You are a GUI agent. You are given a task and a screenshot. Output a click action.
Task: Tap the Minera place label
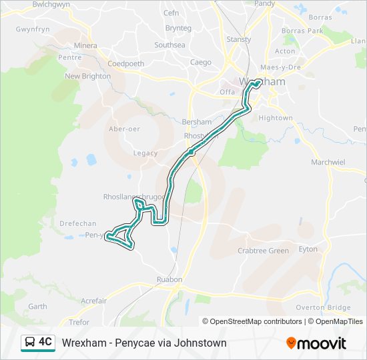tap(85, 46)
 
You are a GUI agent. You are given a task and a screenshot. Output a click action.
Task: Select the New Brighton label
tap(87, 76)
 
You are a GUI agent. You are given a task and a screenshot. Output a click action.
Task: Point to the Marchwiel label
tap(328, 162)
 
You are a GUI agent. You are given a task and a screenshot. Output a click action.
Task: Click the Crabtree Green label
tap(264, 251)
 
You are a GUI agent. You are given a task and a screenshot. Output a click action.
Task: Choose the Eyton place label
tap(308, 249)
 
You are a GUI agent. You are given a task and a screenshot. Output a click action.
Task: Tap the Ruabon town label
tap(170, 279)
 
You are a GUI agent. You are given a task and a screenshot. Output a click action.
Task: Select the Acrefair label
tap(93, 301)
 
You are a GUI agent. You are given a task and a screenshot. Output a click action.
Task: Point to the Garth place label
tap(37, 307)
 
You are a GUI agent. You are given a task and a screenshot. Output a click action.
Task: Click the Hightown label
tap(276, 118)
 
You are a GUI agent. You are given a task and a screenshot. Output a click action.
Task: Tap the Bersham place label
tap(196, 123)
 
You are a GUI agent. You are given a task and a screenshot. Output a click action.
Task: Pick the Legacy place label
tap(145, 153)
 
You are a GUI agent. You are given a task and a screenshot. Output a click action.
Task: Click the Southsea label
tap(169, 45)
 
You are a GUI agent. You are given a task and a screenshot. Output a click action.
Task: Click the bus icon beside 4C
tap(30, 343)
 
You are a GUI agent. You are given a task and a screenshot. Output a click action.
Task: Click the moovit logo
tap(316, 343)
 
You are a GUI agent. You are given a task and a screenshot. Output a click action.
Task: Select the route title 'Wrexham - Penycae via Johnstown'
tap(144, 343)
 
